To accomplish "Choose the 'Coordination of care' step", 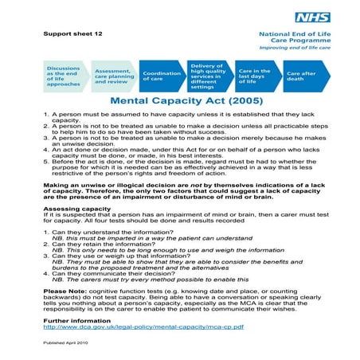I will click(x=162, y=76).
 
